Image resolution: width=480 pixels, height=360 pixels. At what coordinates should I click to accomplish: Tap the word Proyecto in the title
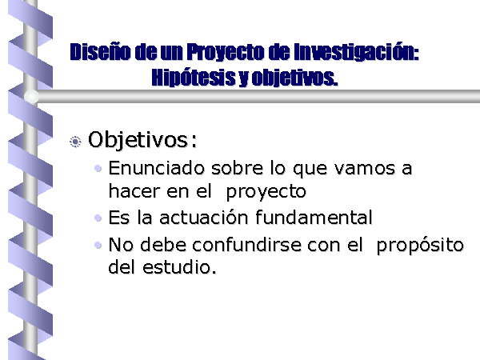[226, 52]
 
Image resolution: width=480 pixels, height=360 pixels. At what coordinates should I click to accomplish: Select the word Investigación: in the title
[356, 52]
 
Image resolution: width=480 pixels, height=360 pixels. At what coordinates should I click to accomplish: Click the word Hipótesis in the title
[194, 77]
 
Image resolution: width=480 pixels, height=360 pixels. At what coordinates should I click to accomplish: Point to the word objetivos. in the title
[294, 78]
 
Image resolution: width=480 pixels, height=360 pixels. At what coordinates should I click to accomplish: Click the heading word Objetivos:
[142, 140]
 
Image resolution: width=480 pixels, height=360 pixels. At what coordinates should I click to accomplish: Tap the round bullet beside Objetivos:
[75, 142]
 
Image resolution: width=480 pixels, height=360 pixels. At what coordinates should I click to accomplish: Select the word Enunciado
[157, 168]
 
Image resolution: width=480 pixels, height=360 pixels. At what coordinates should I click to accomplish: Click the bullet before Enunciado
[98, 168]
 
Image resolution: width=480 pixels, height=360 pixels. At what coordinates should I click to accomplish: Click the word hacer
[134, 191]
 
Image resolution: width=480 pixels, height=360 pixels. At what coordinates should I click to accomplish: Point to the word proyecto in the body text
[266, 193]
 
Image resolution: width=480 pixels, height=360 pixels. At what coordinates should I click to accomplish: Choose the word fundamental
[314, 218]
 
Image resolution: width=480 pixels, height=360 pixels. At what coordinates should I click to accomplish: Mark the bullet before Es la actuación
[98, 218]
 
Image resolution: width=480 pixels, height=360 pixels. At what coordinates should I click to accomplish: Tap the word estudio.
[179, 266]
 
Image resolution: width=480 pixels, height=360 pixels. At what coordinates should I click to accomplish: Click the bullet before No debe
[98, 246]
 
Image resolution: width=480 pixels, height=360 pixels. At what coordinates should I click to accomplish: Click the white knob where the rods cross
[31, 97]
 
